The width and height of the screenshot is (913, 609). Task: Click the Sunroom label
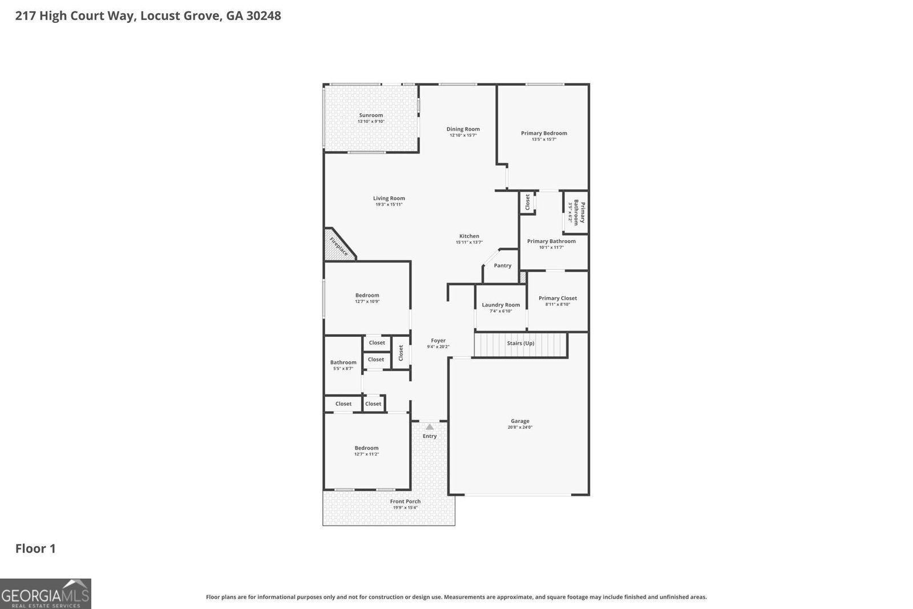(x=371, y=115)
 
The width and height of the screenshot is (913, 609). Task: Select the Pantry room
(x=502, y=265)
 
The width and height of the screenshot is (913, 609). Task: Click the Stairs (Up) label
(x=520, y=343)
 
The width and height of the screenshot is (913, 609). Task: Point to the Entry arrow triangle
(x=430, y=427)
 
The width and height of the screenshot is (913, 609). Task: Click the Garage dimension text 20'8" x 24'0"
(x=520, y=427)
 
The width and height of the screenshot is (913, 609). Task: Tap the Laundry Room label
(x=500, y=305)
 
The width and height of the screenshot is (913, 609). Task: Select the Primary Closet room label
(x=558, y=298)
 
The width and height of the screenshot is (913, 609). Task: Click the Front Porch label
(x=405, y=502)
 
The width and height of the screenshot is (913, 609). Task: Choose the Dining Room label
(x=463, y=129)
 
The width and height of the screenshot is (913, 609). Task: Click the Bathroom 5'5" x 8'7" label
(x=343, y=362)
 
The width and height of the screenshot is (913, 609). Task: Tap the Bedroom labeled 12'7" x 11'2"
(x=366, y=448)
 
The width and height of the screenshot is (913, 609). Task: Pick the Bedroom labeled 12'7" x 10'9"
(x=367, y=295)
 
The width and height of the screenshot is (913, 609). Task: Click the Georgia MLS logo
(x=46, y=594)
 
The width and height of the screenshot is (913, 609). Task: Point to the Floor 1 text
(x=35, y=548)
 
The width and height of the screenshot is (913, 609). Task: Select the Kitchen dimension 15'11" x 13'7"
(x=469, y=243)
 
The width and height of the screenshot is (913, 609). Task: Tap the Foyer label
(x=438, y=341)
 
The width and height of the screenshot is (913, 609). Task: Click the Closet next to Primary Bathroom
(x=527, y=202)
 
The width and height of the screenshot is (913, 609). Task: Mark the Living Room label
(x=389, y=198)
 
